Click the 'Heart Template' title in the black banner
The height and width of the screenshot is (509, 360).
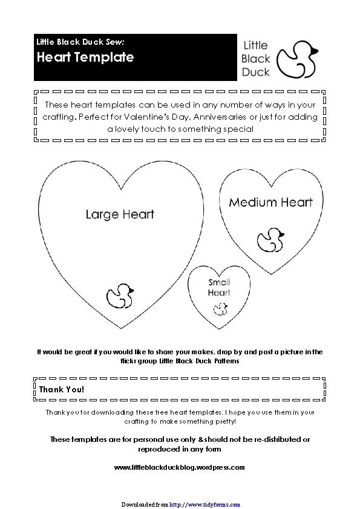pos(85,57)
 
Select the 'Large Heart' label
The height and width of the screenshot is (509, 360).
pos(120,214)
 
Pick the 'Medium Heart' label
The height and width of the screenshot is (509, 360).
pos(270,202)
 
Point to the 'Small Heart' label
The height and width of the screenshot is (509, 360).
pos(219,287)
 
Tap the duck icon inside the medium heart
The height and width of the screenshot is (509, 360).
pos(270,239)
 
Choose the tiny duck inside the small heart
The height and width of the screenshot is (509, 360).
pos(219,309)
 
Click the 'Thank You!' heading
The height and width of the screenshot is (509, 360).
pos(62,389)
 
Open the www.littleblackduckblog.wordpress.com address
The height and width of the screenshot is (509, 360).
pos(179,467)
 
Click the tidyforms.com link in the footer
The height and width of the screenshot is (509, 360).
pos(205,504)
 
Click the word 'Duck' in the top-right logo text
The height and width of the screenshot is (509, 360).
pos(256,72)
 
